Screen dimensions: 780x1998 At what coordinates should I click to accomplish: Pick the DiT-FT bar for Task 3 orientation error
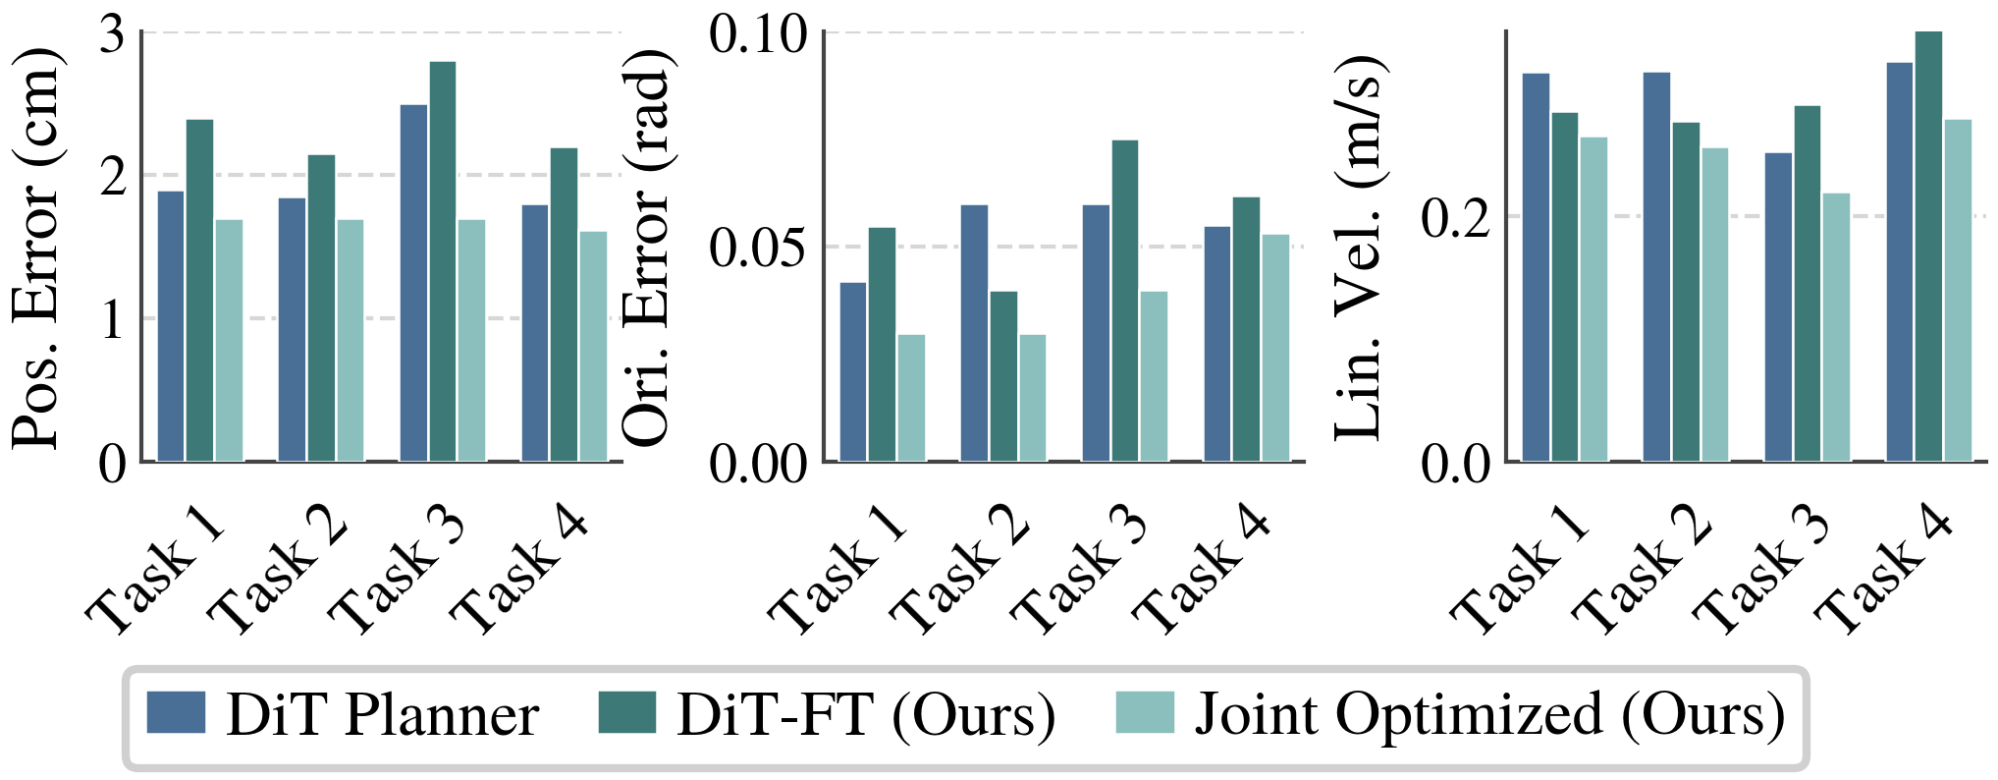[1125, 301]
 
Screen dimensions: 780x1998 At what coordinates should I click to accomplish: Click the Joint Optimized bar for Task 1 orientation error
[911, 398]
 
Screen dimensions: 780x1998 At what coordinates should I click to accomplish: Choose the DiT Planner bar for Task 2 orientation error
[974, 333]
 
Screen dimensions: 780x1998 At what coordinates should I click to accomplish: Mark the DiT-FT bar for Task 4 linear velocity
[1928, 246]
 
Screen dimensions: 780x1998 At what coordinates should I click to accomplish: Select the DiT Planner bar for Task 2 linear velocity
[1656, 266]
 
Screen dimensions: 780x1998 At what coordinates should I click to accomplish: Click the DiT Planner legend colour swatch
[176, 712]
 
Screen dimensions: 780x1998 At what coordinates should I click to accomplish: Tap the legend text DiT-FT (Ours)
[866, 714]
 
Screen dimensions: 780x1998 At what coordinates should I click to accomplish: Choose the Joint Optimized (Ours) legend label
[1488, 714]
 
